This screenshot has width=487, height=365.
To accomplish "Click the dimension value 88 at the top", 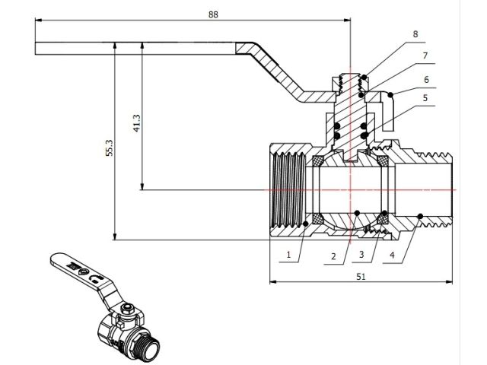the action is [x=213, y=14].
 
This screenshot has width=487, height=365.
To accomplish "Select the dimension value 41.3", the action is [x=137, y=123].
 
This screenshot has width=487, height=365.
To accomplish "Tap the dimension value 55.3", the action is [x=109, y=148].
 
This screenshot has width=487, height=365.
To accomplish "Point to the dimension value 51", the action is [x=361, y=276].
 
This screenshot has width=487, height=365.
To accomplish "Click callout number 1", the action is [x=288, y=255].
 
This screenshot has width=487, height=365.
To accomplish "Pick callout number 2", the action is [x=333, y=256].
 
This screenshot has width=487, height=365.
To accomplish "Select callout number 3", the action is [x=361, y=255].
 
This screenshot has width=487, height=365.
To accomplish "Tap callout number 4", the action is [x=392, y=255].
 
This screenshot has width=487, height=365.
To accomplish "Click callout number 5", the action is [x=425, y=98].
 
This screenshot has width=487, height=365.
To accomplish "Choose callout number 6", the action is [x=426, y=80].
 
